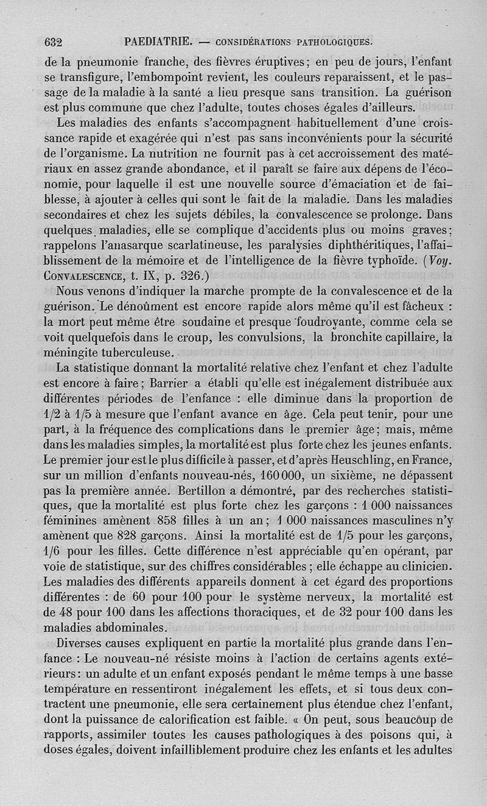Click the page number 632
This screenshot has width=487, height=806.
[54, 43]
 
